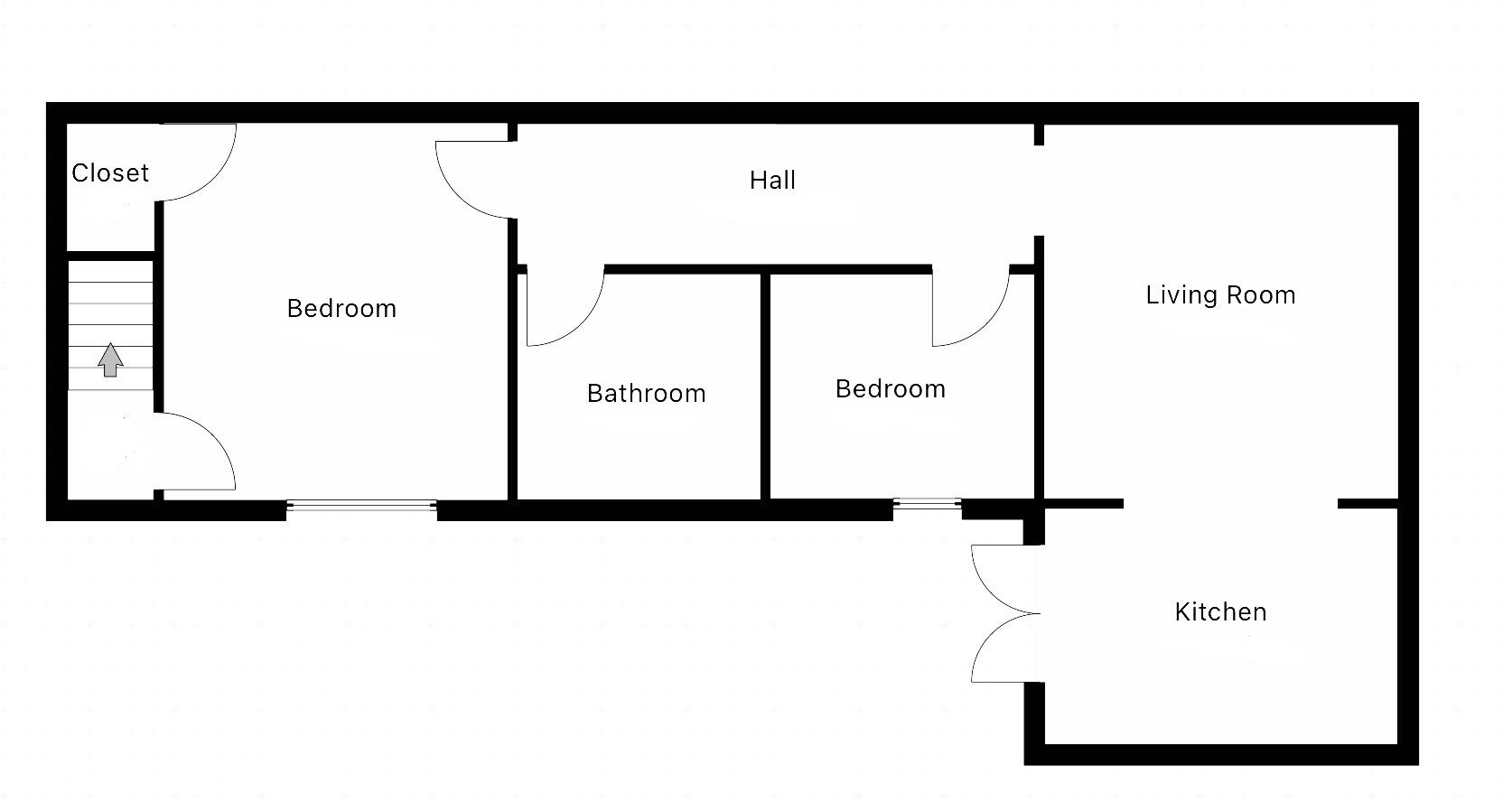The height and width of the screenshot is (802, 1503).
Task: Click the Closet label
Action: [110, 173]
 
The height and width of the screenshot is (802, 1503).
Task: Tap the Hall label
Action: [772, 180]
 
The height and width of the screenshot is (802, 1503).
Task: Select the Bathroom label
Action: [646, 393]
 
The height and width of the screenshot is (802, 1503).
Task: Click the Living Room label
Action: [1220, 294]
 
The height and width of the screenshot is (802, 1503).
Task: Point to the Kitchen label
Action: [1220, 611]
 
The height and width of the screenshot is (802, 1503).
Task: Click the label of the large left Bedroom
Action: [341, 308]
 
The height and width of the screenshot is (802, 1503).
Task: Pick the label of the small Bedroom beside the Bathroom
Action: [890, 388]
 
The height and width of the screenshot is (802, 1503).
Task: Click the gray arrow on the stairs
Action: [110, 359]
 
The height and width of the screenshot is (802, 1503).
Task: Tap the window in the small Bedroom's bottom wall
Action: [927, 504]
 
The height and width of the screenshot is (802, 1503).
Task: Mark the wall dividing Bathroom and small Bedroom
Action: [765, 387]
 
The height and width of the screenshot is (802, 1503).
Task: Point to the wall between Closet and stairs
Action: [110, 256]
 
